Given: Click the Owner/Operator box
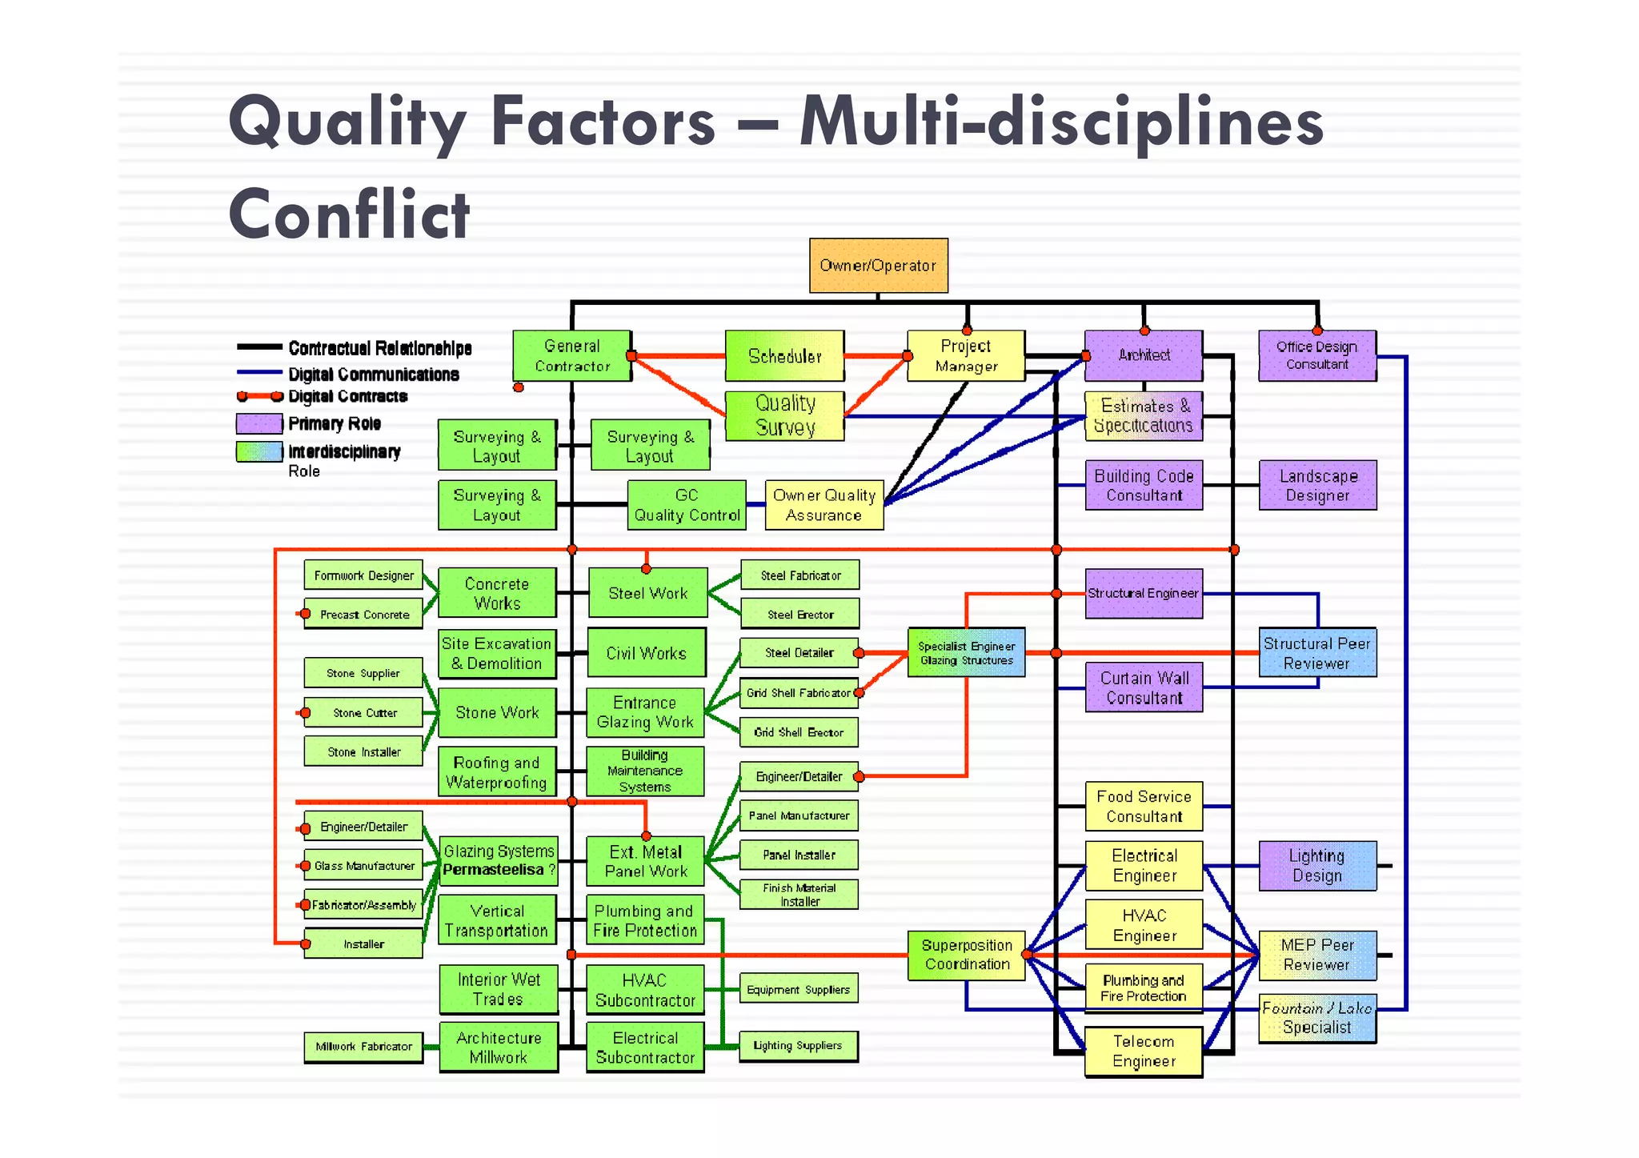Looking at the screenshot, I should (x=878, y=266).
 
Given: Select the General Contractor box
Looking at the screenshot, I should (x=571, y=356).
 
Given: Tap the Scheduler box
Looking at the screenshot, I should (x=784, y=356).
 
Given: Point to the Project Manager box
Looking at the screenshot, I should (x=966, y=356).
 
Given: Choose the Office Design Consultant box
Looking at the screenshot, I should (x=1316, y=355).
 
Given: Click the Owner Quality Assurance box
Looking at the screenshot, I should (x=824, y=505).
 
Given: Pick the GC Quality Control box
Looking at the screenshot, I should (x=687, y=505).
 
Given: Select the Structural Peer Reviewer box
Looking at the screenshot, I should (x=1316, y=653).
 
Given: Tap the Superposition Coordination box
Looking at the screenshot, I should (x=967, y=955).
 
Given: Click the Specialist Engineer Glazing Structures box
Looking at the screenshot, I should (x=966, y=653).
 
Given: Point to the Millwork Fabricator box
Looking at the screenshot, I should (x=363, y=1046).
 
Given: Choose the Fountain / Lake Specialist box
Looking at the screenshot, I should (x=1316, y=1018).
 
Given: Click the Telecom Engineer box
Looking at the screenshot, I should (x=1144, y=1051).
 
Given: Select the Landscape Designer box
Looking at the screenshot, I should (x=1317, y=485).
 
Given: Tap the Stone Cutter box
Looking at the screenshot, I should (x=364, y=712).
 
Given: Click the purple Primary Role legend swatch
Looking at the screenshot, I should (x=258, y=423).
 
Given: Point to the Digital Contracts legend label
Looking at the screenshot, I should (x=347, y=396).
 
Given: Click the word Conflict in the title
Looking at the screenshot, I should (x=350, y=214).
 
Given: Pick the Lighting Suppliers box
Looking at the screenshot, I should (x=798, y=1045).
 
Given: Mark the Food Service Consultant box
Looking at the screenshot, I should (x=1144, y=806).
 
